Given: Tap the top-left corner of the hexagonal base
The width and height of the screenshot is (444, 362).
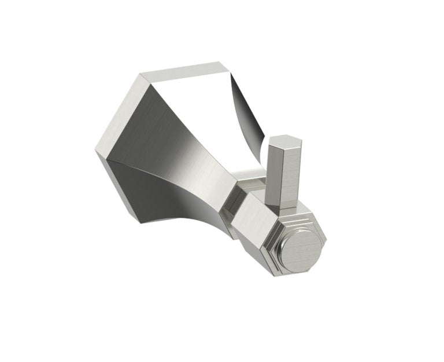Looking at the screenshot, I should tap(141, 74).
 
